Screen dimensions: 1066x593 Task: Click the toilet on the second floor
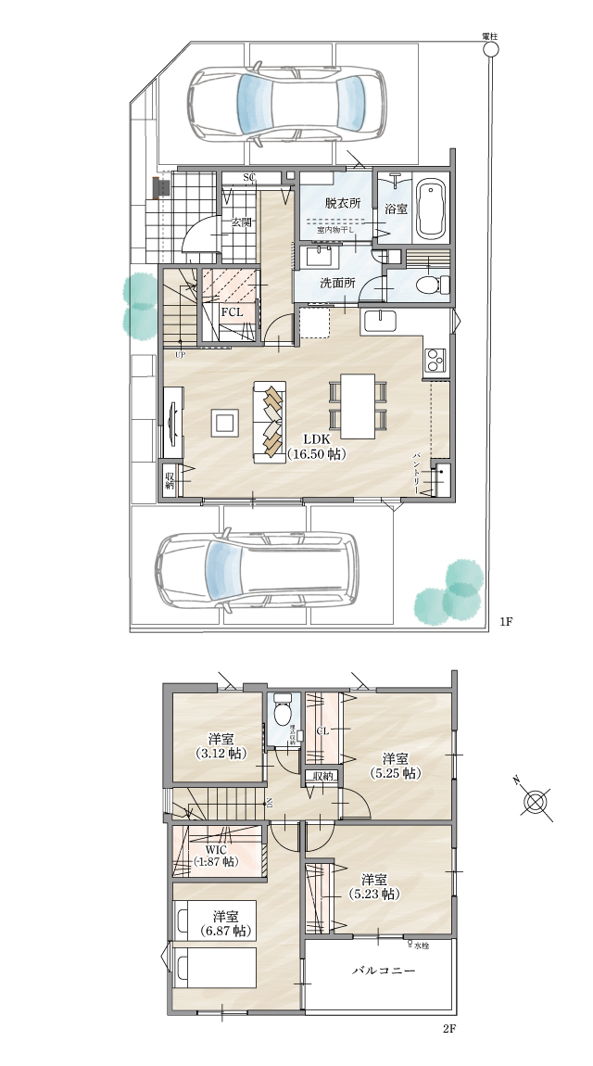tap(283, 715)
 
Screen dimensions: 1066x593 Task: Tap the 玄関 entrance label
tap(243, 222)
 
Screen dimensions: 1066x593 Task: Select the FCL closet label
tap(231, 312)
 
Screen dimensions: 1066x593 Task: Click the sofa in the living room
tap(271, 423)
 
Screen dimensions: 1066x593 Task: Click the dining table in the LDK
tap(358, 405)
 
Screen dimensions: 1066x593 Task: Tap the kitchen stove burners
tap(435, 360)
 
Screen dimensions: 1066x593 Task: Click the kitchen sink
tap(379, 321)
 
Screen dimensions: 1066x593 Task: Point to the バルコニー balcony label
tap(382, 971)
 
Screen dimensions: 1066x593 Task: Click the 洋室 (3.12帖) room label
tap(220, 746)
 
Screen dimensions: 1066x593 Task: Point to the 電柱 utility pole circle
tap(490, 52)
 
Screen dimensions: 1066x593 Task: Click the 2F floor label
tap(449, 1029)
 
